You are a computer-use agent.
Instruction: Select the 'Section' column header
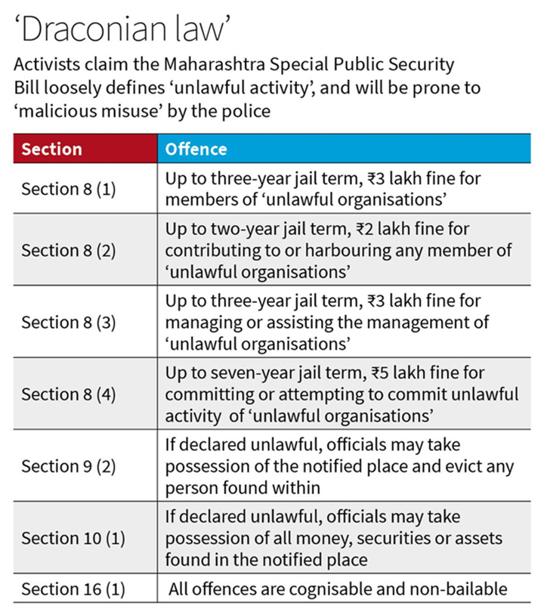tap(51, 149)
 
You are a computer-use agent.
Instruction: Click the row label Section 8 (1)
tap(68, 189)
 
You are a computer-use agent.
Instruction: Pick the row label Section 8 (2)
tap(68, 250)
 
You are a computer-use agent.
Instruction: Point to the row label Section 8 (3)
tap(68, 322)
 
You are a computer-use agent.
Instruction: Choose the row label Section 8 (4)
tap(68, 394)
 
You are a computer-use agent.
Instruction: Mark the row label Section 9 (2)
tap(68, 465)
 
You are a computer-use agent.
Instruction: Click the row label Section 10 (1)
tap(73, 538)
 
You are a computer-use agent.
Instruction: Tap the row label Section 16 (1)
tap(73, 589)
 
